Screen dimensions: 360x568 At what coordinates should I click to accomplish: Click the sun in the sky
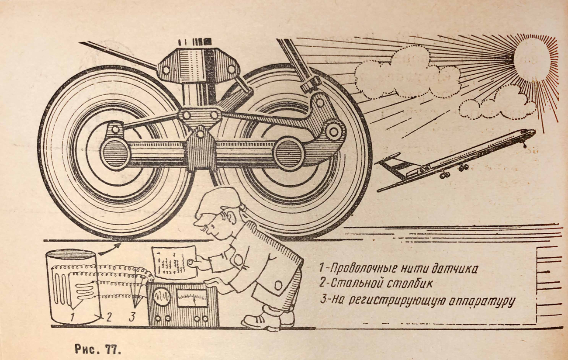click(531, 57)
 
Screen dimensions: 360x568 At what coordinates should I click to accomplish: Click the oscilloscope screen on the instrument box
click(161, 297)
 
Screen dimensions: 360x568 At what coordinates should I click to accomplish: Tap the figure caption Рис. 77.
click(97, 349)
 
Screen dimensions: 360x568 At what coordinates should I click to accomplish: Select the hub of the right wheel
click(289, 154)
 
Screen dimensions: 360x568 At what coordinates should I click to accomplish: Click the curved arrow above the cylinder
click(109, 249)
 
